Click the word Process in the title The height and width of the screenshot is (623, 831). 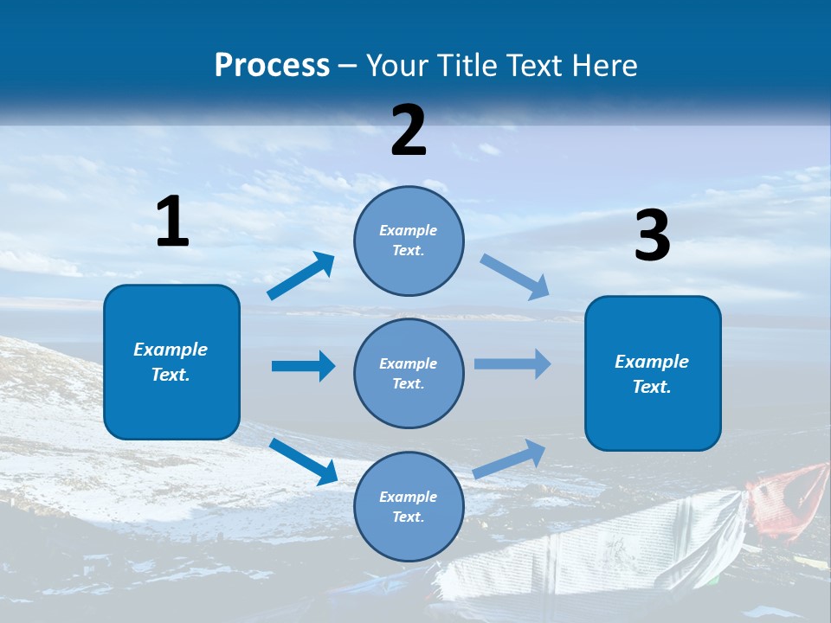[272, 66]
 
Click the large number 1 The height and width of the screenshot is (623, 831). [172, 222]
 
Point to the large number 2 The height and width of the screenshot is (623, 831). [409, 131]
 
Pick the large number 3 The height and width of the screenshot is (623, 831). [652, 236]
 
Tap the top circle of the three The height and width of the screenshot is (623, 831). [409, 241]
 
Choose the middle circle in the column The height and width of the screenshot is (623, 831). [409, 373]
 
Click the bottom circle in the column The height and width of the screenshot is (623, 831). [409, 506]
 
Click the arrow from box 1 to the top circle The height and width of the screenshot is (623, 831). [301, 276]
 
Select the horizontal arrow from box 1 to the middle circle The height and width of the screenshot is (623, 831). [303, 366]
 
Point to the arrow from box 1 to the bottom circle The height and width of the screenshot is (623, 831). [304, 461]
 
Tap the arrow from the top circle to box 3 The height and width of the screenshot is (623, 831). [515, 277]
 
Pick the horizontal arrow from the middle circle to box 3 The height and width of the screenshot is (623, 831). [512, 363]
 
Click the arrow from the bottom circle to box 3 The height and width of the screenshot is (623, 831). [510, 459]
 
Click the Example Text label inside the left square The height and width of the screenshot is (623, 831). [171, 362]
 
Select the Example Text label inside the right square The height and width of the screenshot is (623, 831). [652, 374]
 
